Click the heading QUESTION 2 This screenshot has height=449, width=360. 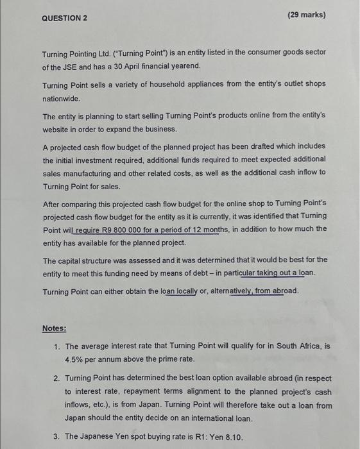point(64,17)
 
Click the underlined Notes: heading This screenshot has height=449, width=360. point(55,328)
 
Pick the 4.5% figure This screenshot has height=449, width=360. point(75,359)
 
